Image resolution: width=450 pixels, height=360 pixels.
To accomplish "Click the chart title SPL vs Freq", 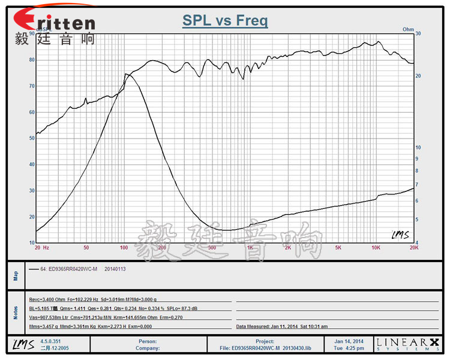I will click(225, 21).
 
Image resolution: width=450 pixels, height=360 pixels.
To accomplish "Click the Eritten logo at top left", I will click(53, 22).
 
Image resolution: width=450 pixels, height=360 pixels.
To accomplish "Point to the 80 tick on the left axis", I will click(31, 60).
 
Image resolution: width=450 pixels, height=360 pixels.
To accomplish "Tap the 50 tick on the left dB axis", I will click(31, 139).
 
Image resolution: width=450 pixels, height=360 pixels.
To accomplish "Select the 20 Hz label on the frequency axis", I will click(41, 247).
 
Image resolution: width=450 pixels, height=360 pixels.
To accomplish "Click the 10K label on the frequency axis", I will click(376, 247).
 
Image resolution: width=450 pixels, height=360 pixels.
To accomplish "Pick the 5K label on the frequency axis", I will click(338, 247).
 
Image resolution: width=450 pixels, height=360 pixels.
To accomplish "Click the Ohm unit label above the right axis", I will click(408, 29).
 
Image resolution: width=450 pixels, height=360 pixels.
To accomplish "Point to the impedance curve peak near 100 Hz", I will click(127, 74).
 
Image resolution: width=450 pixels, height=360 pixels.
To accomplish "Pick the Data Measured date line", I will click(281, 326).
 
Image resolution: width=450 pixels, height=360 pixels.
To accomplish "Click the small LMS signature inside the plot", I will click(400, 235).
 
